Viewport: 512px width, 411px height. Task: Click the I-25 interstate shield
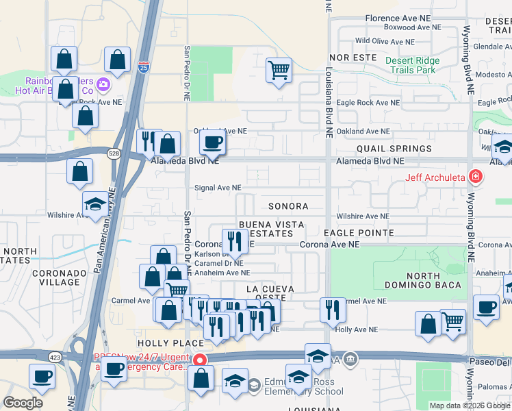142,68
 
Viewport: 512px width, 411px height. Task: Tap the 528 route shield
114,154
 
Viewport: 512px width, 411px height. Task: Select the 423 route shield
55,356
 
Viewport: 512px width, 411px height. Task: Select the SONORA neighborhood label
287,206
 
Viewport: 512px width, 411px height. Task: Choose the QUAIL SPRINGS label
394,149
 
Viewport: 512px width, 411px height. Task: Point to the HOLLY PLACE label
162,342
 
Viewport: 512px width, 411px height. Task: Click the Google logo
23,403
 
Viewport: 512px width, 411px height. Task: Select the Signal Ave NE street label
218,187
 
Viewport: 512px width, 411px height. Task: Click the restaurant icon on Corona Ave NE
234,240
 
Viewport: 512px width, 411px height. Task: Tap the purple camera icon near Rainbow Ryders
104,84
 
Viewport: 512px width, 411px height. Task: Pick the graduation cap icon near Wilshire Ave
94,203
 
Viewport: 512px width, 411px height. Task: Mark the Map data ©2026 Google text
469,406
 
